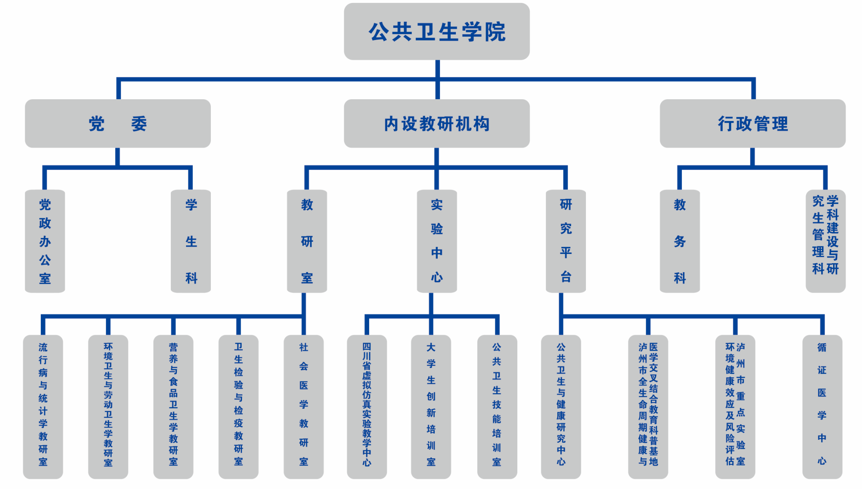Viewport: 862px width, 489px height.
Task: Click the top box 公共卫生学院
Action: pyautogui.click(x=436, y=32)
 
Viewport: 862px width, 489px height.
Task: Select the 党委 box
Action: pyautogui.click(x=118, y=124)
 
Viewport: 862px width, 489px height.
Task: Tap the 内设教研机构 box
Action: pyautogui.click(x=436, y=124)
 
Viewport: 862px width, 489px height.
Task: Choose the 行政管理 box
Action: pyautogui.click(x=753, y=124)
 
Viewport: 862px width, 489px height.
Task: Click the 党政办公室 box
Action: pyautogui.click(x=45, y=241)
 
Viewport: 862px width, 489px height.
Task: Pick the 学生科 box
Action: pyautogui.click(x=191, y=241)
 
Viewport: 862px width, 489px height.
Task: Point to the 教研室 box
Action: pyautogui.click(x=307, y=241)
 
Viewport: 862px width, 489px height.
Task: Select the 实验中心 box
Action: pyautogui.click(x=436, y=241)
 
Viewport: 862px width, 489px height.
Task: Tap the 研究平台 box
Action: pyautogui.click(x=566, y=241)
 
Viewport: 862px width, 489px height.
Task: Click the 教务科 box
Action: pyautogui.click(x=680, y=241)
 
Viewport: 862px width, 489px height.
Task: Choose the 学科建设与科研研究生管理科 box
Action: pyautogui.click(x=825, y=241)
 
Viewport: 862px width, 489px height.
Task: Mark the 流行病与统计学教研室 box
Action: pyautogui.click(x=43, y=407)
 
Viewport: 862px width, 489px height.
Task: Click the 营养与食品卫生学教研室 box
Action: pyautogui.click(x=173, y=407)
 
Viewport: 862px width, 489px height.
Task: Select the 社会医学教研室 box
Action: pyautogui.click(x=303, y=407)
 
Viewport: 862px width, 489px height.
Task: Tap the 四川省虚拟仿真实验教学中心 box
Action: pyautogui.click(x=367, y=407)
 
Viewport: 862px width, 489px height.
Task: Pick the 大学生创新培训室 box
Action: pyautogui.click(x=431, y=407)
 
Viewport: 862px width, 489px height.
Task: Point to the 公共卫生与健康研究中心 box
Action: pyautogui.click(x=561, y=407)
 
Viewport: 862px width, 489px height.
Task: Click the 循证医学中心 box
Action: pyautogui.click(x=822, y=407)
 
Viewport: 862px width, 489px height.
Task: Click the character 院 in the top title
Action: pyautogui.click(x=495, y=32)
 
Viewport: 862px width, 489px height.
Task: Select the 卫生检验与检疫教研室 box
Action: pyautogui.click(x=238, y=407)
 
